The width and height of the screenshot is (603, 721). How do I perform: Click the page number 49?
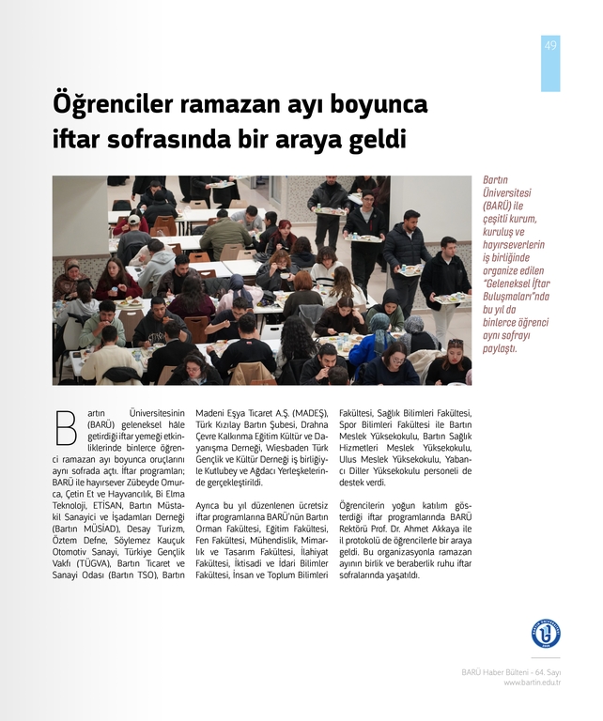pyautogui.click(x=550, y=45)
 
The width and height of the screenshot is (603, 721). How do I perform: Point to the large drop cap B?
pyautogui.click(x=66, y=427)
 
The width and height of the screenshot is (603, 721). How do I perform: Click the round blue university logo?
pyautogui.click(x=545, y=634)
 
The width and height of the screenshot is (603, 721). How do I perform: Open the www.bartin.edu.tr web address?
pyautogui.click(x=532, y=683)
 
